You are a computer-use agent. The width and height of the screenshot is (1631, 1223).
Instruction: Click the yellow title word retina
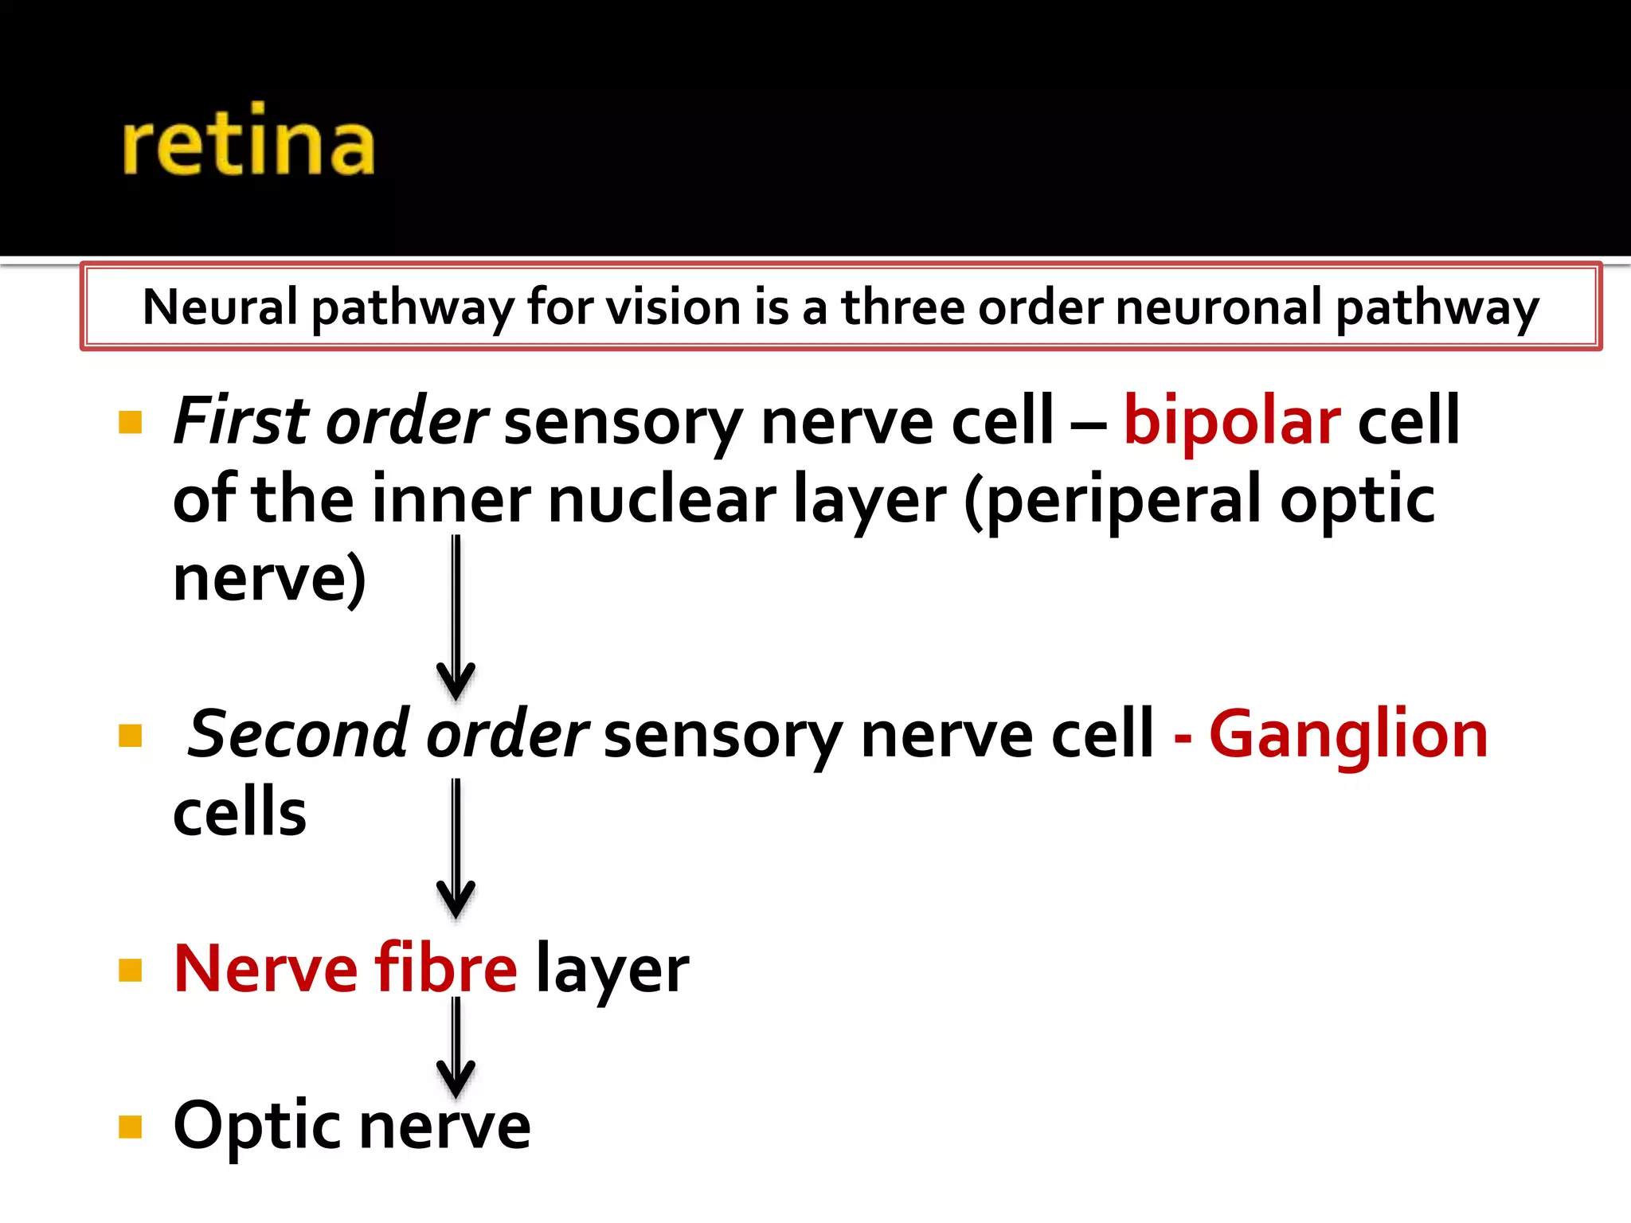[248, 142]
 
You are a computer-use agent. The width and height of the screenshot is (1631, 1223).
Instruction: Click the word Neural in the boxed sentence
[220, 307]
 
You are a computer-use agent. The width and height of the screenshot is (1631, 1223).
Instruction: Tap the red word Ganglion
[1347, 734]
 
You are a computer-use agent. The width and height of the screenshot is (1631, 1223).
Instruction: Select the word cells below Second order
[239, 812]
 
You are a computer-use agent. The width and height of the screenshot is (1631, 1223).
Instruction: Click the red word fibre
[446, 968]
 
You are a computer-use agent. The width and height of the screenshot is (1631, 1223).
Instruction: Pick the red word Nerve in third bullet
[266, 968]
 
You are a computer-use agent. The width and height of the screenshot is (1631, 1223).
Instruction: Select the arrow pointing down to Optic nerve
[456, 1047]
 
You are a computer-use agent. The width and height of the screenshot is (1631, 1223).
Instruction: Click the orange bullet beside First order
[130, 422]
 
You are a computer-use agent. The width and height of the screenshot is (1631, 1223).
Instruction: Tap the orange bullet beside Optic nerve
[130, 1127]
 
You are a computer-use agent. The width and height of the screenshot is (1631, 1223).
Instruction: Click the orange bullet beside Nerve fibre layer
[130, 970]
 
